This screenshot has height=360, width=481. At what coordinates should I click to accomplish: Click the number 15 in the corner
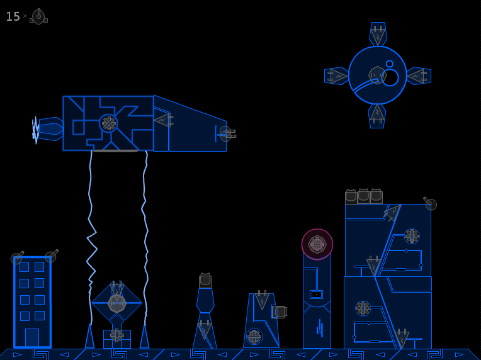point(13,16)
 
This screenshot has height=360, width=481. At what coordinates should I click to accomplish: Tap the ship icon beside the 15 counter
point(38,16)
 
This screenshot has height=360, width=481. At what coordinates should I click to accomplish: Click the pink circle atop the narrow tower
point(317,244)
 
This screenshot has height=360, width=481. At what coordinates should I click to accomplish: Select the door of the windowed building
point(32,337)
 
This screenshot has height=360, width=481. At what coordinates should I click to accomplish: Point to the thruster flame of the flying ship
point(36,130)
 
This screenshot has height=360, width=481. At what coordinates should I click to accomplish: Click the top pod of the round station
point(378,34)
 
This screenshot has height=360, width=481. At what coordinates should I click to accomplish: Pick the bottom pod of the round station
point(377,116)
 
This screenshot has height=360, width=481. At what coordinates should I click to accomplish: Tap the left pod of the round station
point(337,76)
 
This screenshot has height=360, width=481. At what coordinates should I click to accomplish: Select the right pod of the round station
point(419,76)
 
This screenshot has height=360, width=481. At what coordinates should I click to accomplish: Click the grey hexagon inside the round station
point(377,75)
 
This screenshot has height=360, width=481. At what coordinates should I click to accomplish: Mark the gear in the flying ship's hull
point(108,123)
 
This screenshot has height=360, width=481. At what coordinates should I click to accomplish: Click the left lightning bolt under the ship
point(91,238)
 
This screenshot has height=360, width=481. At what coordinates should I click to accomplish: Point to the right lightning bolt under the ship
point(145,238)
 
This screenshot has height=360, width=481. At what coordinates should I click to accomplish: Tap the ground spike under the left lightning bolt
point(89,337)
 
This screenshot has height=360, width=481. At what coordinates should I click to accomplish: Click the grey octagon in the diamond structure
point(117,303)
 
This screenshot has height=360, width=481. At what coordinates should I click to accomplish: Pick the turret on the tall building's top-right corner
point(430,203)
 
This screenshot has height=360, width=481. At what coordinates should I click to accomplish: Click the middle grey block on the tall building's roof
point(363,196)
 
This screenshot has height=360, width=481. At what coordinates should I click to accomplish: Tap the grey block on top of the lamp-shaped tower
point(205,281)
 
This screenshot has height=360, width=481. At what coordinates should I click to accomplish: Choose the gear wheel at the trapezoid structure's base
point(254,337)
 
